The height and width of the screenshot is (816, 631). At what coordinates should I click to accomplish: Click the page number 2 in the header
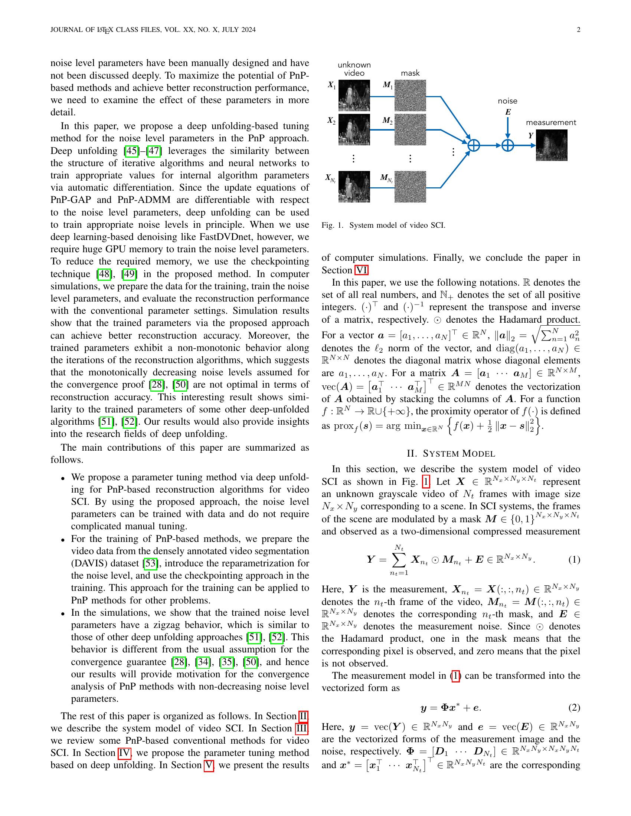click(578, 30)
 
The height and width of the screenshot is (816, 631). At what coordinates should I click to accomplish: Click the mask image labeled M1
click(410, 96)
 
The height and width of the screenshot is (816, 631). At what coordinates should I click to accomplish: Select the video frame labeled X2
click(354, 129)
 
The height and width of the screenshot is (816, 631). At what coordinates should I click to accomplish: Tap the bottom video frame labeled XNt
click(354, 187)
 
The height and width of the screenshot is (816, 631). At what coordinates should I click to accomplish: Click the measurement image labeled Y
click(551, 145)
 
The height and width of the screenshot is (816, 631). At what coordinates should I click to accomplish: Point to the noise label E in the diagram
click(508, 112)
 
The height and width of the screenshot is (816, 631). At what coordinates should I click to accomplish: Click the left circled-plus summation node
click(474, 145)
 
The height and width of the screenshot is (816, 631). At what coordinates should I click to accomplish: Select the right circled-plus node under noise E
click(507, 145)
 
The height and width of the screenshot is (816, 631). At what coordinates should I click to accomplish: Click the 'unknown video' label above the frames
click(354, 69)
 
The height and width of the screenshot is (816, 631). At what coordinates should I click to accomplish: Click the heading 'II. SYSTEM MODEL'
click(451, 454)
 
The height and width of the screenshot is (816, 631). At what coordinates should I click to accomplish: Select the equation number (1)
click(574, 559)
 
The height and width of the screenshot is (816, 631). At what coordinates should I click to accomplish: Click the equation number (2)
click(574, 707)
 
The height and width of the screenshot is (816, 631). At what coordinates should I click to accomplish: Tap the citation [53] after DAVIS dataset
click(151, 563)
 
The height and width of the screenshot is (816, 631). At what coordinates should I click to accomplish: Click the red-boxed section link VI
click(361, 270)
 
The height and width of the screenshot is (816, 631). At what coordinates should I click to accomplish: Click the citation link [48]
click(104, 274)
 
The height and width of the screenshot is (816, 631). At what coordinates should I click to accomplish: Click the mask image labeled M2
click(410, 129)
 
